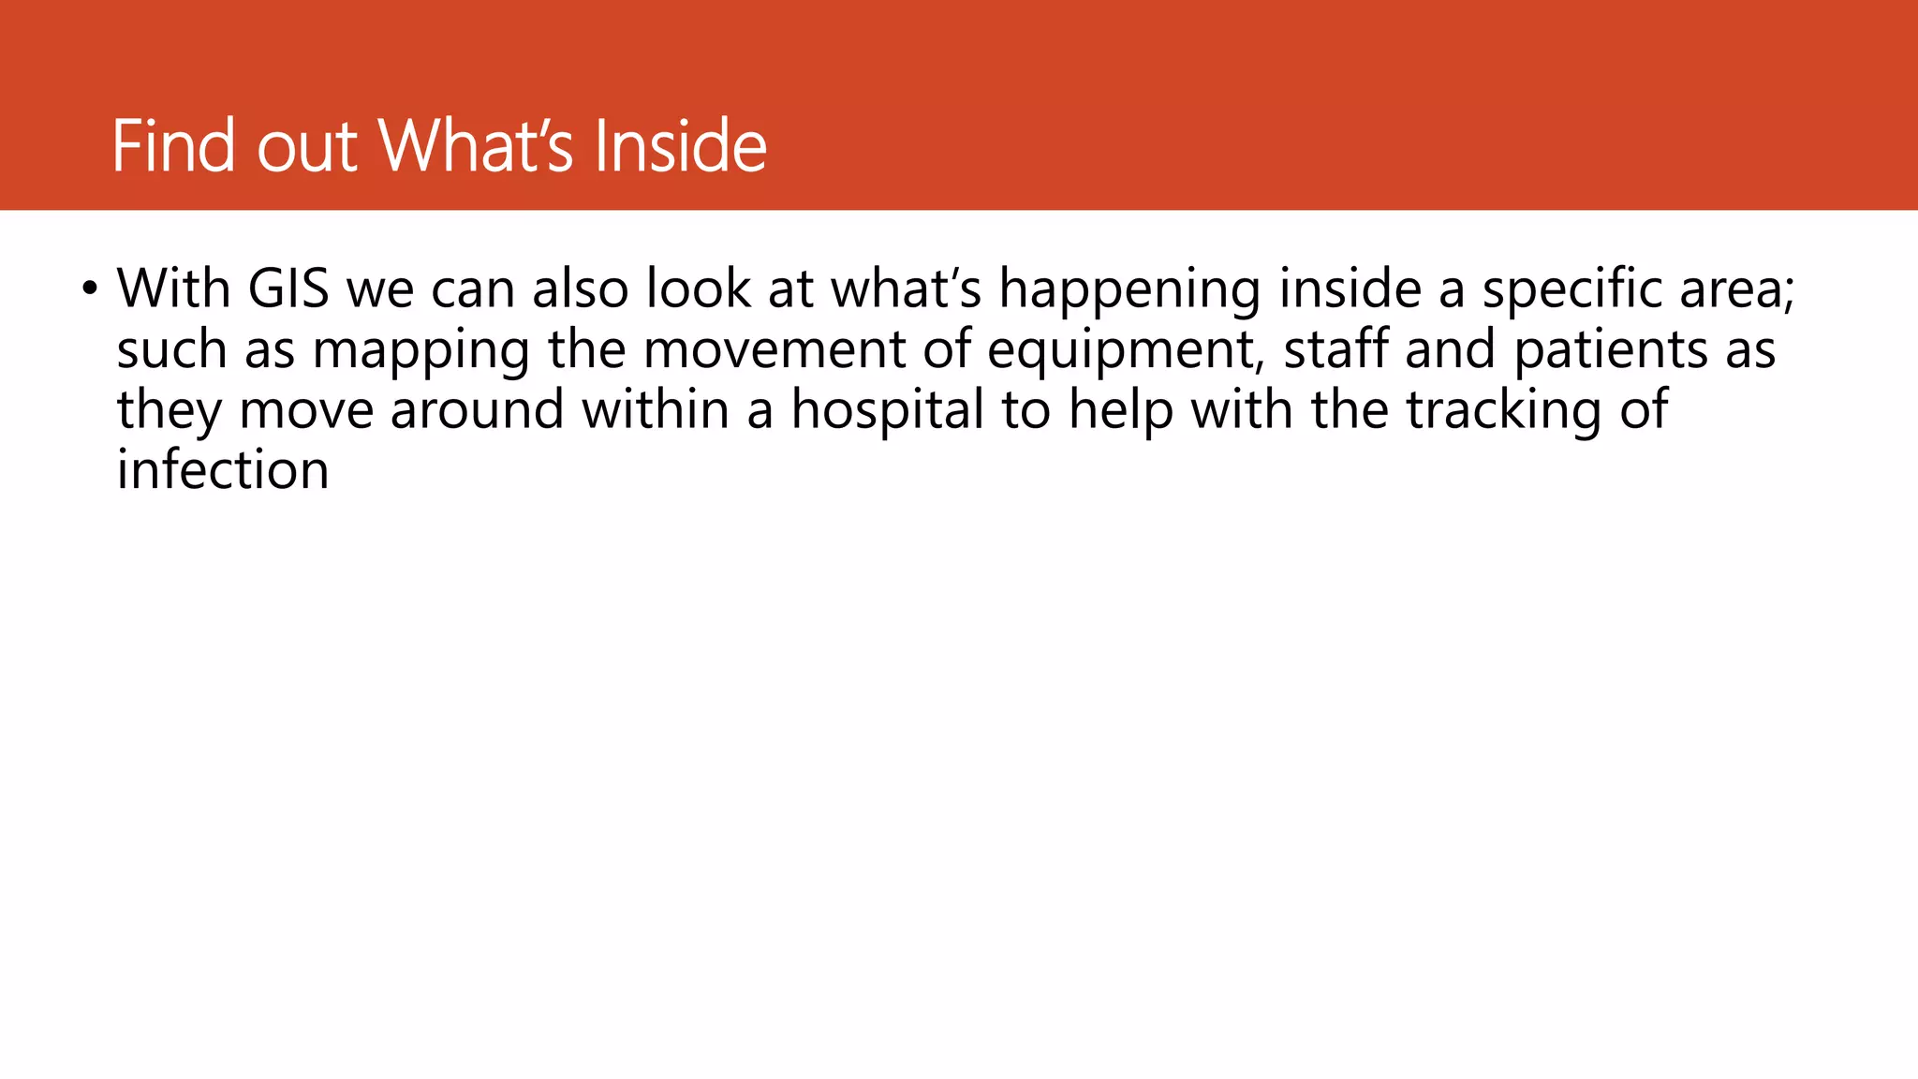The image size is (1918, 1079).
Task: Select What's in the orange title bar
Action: (x=475, y=146)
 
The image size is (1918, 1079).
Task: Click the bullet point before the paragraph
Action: (x=89, y=287)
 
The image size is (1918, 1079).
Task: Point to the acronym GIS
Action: (x=288, y=288)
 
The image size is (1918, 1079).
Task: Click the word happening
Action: (x=1129, y=290)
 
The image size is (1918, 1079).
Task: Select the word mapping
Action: (x=420, y=351)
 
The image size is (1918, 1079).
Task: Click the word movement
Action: (x=775, y=349)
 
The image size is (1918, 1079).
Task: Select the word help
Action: (x=1121, y=411)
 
